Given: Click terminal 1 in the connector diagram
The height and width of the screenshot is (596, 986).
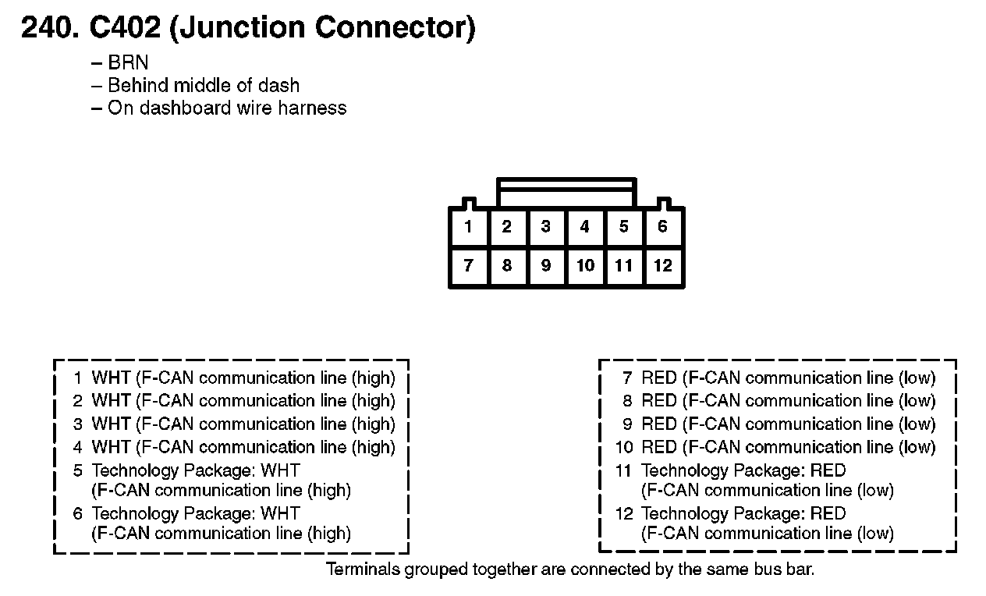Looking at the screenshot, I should pyautogui.click(x=468, y=227).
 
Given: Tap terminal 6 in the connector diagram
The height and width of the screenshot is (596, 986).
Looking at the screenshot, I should pyautogui.click(x=662, y=227).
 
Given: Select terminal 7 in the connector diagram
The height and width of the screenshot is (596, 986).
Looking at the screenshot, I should pyautogui.click(x=468, y=266).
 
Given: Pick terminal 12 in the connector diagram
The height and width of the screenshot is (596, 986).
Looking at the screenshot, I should pyautogui.click(x=662, y=266).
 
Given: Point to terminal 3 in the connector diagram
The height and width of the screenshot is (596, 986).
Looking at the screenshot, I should pyautogui.click(x=545, y=227).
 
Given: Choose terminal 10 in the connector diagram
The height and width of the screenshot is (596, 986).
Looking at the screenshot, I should pyautogui.click(x=585, y=266).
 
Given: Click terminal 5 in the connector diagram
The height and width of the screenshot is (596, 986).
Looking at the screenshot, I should pyautogui.click(x=623, y=227).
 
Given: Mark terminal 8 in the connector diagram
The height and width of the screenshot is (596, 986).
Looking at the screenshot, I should pyautogui.click(x=507, y=266).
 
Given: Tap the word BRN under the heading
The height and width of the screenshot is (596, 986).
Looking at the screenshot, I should pyautogui.click(x=128, y=63).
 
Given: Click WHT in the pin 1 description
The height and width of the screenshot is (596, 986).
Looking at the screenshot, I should pyautogui.click(x=111, y=378).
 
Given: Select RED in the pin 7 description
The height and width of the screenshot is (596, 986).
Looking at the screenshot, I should pyautogui.click(x=658, y=378).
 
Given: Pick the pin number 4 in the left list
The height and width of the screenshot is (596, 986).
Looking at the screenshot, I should pyautogui.click(x=78, y=448).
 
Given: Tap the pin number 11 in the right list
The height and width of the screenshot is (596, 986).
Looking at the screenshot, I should pyautogui.click(x=622, y=470).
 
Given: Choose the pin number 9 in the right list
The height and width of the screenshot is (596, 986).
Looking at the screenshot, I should pyautogui.click(x=626, y=424).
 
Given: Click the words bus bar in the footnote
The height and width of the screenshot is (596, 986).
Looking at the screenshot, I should pyautogui.click(x=785, y=569).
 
